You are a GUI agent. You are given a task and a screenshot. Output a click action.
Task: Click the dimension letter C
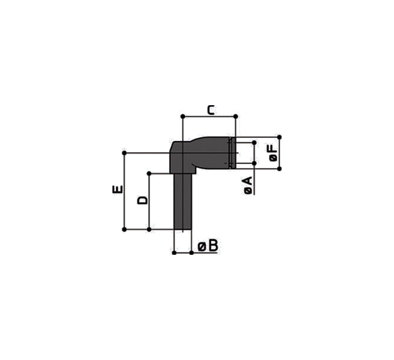(x=211, y=110)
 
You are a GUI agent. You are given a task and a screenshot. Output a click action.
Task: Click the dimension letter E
(x=118, y=189)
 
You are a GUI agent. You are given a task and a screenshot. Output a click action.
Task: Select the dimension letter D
(x=143, y=200)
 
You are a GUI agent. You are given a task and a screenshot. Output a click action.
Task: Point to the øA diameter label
(x=248, y=185)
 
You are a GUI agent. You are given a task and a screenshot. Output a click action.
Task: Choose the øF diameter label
(x=273, y=153)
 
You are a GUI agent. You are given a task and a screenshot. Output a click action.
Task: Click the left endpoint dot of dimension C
(x=183, y=116)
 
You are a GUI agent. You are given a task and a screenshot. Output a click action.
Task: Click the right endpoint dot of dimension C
(x=236, y=116)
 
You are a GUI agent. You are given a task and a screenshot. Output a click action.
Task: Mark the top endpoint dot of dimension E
(x=124, y=153)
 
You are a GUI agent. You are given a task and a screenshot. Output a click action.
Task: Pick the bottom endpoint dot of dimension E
(x=124, y=229)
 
